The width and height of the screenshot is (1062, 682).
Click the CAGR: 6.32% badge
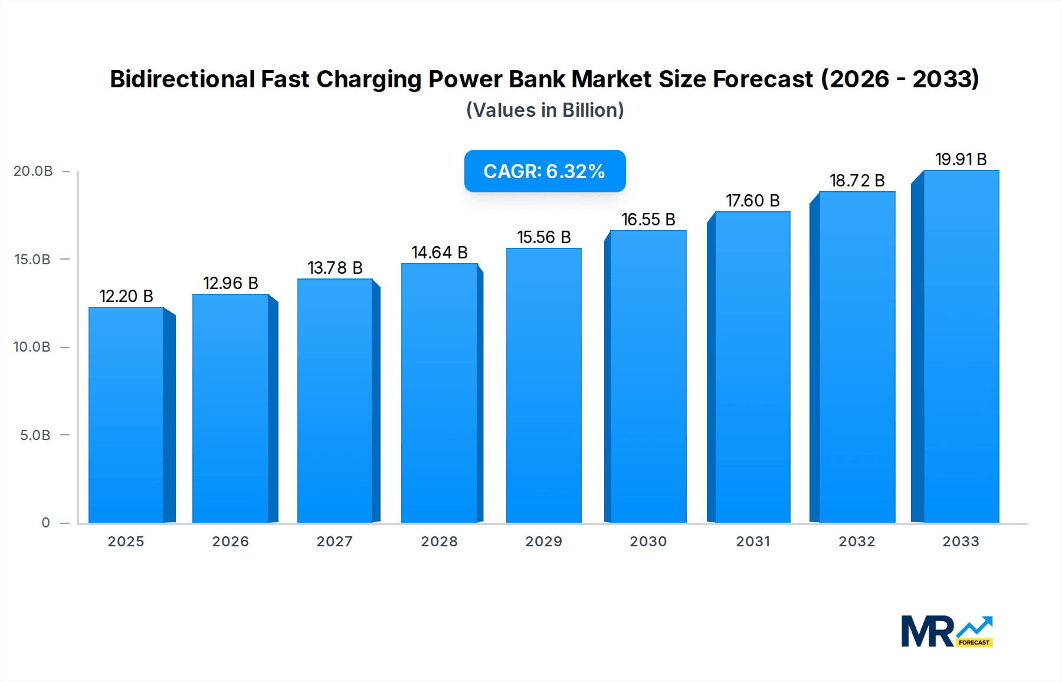point(545,171)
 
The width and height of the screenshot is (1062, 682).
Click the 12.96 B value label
point(231,283)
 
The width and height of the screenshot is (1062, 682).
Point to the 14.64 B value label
point(440,253)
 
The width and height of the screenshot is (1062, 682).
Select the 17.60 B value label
point(753,201)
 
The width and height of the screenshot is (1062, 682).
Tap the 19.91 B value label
point(961,159)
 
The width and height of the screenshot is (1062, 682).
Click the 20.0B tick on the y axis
point(33,171)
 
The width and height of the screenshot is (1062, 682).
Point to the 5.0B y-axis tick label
point(35,435)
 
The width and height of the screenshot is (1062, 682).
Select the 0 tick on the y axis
point(46,523)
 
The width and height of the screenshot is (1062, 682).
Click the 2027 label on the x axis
point(335,542)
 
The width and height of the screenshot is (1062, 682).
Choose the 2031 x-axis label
point(753,542)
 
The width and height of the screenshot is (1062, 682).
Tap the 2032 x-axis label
point(857,542)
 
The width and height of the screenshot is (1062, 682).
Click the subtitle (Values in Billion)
point(545,110)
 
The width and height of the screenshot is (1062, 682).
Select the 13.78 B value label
point(335,268)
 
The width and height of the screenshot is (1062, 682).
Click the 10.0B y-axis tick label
point(32,347)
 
